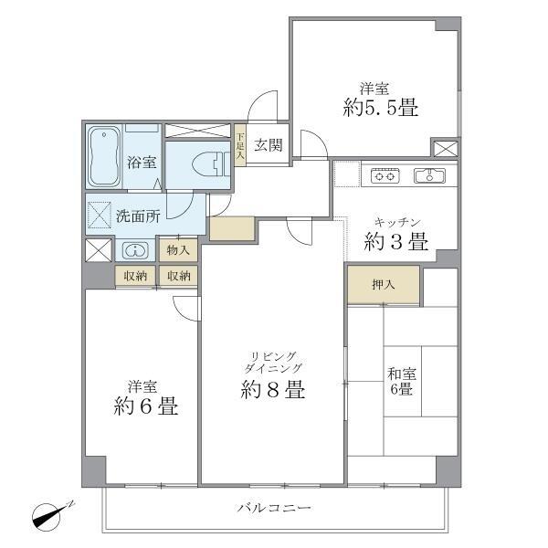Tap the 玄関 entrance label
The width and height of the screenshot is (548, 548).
268,144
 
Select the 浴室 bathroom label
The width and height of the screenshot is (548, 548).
142,163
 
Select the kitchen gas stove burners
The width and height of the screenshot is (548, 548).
384,176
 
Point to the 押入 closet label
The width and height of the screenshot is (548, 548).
384,285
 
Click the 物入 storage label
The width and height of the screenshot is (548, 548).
178,249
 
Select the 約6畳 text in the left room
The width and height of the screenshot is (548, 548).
146,407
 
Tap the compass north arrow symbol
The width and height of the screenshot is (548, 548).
52,515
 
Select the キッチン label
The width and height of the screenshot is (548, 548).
396,221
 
